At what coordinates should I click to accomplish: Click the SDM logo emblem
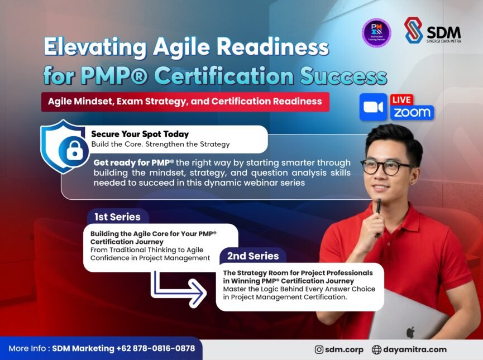413,30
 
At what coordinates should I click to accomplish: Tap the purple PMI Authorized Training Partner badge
376,32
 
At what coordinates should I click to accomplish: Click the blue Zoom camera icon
373,107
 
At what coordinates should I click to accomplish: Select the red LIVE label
401,100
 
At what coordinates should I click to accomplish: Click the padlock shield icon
63,147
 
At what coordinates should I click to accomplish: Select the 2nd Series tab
252,256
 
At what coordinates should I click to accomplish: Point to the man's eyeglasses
386,166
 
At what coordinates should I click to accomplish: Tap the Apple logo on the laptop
410,332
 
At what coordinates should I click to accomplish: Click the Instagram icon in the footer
319,349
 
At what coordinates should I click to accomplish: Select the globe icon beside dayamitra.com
376,349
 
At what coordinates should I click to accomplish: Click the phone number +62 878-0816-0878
156,348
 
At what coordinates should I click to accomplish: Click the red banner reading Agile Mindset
184,102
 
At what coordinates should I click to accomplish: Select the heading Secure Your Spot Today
140,134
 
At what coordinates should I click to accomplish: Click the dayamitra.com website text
415,349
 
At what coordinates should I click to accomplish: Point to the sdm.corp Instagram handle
345,349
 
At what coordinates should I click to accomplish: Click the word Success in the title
346,75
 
